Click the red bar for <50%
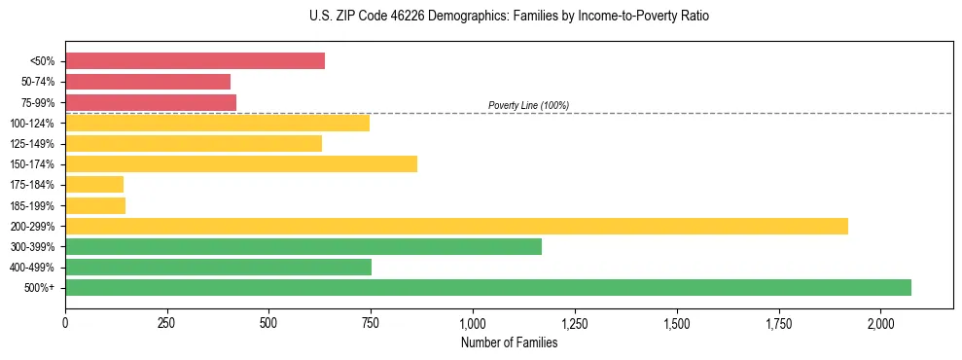pos(195,61)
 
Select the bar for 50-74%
pos(148,82)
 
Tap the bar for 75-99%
pos(151,102)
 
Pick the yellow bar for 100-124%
pos(217,123)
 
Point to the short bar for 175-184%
pos(94,185)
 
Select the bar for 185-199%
pos(95,205)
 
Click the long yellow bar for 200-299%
pos(456,226)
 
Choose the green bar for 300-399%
pos(303,246)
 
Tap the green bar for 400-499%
pos(218,268)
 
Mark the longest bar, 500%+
pos(488,288)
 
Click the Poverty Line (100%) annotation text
pos(528,105)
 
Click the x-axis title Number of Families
pos(509,342)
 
